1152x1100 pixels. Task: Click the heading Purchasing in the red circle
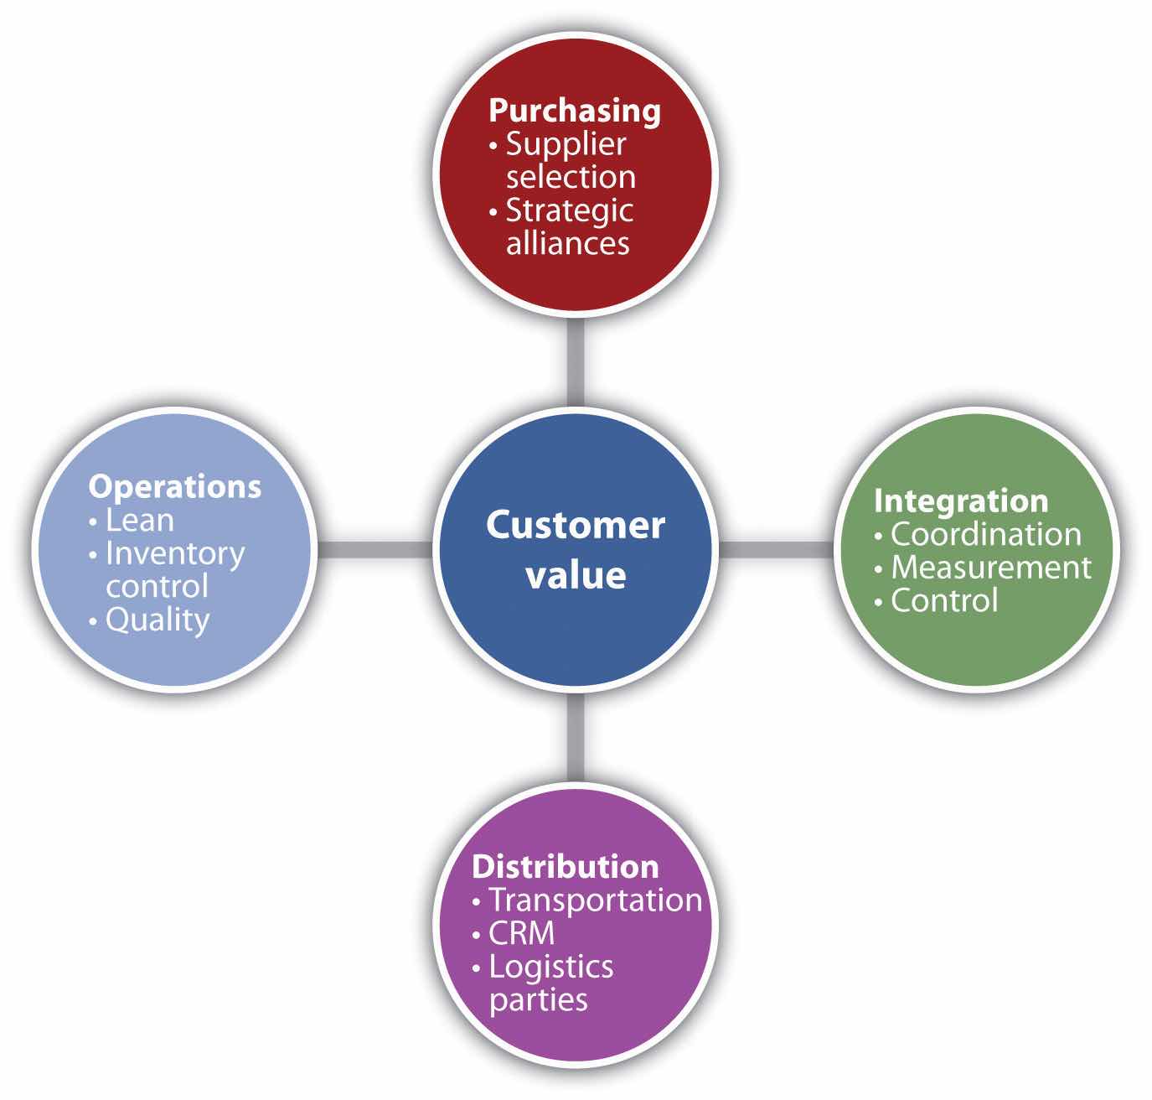pos(574,111)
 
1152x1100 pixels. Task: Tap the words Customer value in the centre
pos(576,550)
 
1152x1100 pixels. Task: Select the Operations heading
pos(174,486)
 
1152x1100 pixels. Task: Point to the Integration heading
pos(960,501)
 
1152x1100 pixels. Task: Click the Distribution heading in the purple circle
pos(565,866)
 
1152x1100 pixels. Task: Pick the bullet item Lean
pos(139,521)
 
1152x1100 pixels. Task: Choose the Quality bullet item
pos(157,620)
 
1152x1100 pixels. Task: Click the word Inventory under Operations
pos(174,553)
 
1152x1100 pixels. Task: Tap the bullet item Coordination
pos(985,534)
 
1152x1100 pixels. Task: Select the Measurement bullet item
pos(990,568)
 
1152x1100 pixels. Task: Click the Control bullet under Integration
pos(943,600)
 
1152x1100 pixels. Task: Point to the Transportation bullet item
pos(595,900)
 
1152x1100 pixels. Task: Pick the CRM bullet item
pos(521,933)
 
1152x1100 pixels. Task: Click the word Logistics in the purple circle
pos(550,967)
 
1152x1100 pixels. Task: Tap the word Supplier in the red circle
pos(566,144)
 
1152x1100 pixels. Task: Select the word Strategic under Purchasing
pos(569,210)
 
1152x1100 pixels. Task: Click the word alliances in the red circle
pos(567,243)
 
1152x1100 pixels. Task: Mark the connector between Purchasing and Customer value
pos(576,365)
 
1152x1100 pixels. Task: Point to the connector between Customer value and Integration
pos(777,549)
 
